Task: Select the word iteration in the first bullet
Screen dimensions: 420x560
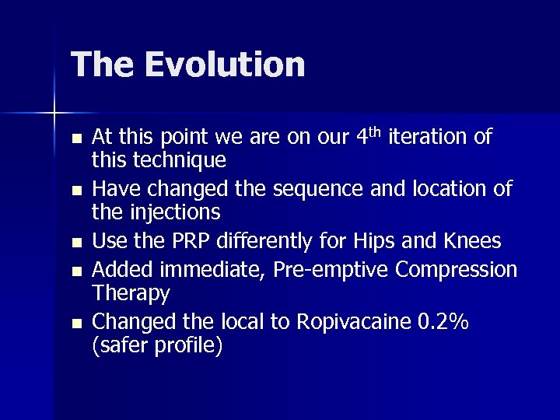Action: (440, 138)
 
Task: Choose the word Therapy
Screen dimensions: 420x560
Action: (131, 292)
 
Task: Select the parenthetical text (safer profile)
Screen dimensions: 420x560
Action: (157, 344)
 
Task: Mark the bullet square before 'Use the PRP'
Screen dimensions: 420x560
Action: (75, 243)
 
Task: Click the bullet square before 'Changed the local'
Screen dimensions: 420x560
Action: (75, 321)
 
